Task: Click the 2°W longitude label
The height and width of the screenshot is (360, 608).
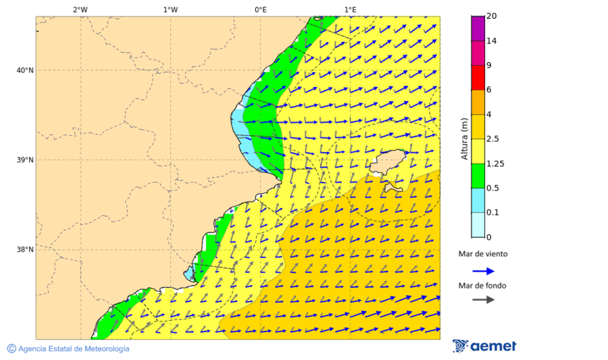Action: pyautogui.click(x=80, y=9)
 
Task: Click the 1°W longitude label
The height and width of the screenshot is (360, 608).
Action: pyautogui.click(x=170, y=9)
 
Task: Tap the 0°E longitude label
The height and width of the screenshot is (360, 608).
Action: pyautogui.click(x=260, y=9)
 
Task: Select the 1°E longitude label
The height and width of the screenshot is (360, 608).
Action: pyautogui.click(x=350, y=9)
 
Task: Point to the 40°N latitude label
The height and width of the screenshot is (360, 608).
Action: pyautogui.click(x=24, y=70)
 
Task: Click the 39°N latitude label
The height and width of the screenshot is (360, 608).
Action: pyautogui.click(x=24, y=160)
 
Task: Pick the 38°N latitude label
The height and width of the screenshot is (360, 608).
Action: pyautogui.click(x=24, y=250)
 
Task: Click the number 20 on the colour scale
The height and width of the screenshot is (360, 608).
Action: pyautogui.click(x=491, y=16)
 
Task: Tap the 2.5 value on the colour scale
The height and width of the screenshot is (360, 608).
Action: pyautogui.click(x=493, y=139)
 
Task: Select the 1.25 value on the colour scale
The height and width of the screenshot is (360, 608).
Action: pyautogui.click(x=495, y=163)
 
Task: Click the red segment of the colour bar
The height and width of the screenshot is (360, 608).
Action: pyautogui.click(x=478, y=78)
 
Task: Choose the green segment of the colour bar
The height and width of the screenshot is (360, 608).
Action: pyautogui.click(x=478, y=176)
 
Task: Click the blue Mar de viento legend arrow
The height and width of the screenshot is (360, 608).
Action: pyautogui.click(x=482, y=271)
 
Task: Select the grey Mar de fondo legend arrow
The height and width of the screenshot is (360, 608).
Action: pyautogui.click(x=482, y=300)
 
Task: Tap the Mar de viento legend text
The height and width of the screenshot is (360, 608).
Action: pyautogui.click(x=482, y=254)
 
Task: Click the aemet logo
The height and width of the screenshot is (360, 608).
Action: pyautogui.click(x=484, y=346)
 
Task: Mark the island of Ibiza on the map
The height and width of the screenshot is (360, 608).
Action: pyautogui.click(x=388, y=162)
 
